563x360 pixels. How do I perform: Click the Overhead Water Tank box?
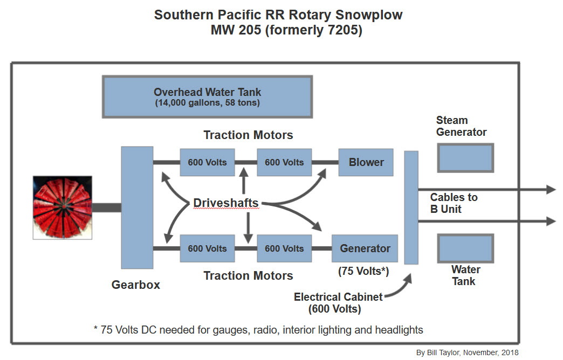(207, 97)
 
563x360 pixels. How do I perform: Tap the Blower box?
(366, 162)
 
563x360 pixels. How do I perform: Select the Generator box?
(365, 248)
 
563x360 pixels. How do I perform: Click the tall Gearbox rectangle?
(137, 207)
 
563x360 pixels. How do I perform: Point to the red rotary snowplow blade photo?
(63, 207)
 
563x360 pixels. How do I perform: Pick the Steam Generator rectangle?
(465, 158)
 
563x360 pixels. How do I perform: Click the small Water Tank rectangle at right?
(465, 248)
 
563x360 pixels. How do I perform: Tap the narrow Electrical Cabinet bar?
(411, 207)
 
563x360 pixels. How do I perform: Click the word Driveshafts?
(226, 203)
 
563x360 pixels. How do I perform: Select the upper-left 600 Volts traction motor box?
(208, 162)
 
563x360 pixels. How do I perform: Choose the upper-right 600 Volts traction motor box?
(284, 162)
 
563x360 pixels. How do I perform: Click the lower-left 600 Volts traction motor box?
(208, 248)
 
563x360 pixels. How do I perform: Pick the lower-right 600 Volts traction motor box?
(284, 248)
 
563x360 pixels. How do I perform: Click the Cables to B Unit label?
(454, 203)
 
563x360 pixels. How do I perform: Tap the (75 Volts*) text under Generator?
(363, 271)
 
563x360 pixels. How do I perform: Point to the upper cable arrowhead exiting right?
(551, 189)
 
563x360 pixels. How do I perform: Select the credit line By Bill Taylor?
(467, 352)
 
